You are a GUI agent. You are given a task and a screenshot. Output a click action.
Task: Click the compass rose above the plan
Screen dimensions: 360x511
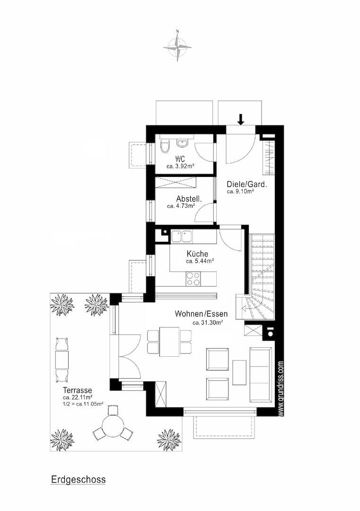(177, 46)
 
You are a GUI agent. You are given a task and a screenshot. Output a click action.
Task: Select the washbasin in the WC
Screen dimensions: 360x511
(181, 142)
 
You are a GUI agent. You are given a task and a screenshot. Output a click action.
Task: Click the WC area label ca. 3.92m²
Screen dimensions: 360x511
(181, 166)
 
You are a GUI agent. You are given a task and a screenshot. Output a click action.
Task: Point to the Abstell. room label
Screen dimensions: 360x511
(189, 199)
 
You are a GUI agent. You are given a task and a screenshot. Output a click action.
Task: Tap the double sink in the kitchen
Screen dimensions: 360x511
(182, 237)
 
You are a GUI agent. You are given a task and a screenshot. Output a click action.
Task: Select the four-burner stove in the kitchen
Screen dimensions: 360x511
(193, 279)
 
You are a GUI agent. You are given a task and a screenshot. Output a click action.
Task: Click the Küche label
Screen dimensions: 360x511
(197, 254)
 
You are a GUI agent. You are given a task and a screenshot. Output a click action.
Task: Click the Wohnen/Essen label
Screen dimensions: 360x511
(202, 314)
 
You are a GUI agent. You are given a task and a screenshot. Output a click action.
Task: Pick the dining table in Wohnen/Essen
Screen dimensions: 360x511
(169, 342)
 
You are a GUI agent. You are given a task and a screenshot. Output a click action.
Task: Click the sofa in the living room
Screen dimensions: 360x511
(261, 374)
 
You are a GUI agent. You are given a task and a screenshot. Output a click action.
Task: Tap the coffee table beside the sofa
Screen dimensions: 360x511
(239, 372)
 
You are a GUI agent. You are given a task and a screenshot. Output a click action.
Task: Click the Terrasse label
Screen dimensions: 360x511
(78, 390)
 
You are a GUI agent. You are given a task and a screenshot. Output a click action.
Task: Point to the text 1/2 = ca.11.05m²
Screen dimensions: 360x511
(83, 404)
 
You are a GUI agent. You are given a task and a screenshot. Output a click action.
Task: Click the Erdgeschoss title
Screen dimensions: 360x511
(78, 480)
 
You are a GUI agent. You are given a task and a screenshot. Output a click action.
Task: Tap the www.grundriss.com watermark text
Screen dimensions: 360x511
(281, 388)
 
